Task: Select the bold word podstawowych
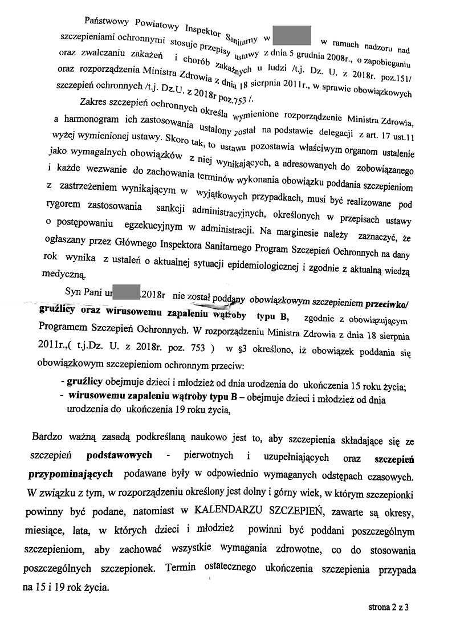(x=119, y=456)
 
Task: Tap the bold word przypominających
(x=71, y=474)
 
